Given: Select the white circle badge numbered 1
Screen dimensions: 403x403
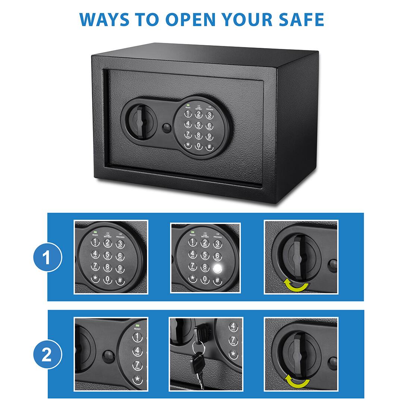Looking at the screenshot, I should click(47, 257).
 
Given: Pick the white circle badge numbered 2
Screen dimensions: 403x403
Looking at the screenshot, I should click(47, 354).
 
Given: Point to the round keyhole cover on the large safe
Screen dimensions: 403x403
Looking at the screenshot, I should click(167, 128).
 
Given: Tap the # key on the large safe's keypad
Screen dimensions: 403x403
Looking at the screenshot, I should click(209, 146).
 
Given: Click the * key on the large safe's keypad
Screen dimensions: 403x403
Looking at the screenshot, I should click(188, 145).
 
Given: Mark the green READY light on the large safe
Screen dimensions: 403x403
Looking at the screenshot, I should click(188, 106).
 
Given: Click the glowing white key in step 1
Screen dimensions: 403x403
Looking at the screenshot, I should click(217, 269).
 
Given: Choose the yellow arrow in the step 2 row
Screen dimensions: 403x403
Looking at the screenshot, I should click(297, 381).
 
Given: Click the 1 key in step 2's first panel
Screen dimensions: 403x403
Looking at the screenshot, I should click(137, 337).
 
